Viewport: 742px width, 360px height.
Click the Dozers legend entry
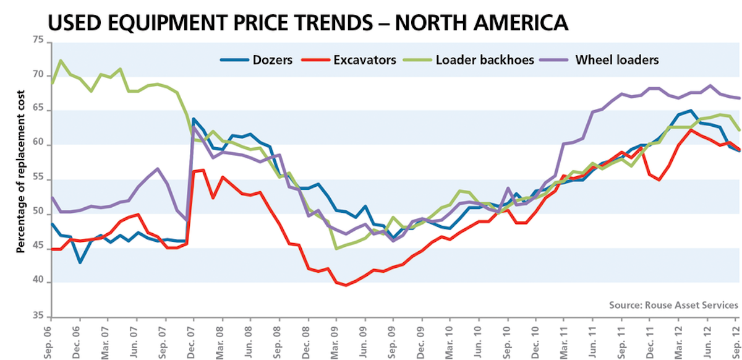pyautogui.click(x=257, y=60)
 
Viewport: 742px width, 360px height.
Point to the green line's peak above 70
pyautogui.click(x=61, y=61)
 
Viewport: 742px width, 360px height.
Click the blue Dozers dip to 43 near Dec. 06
pyautogui.click(x=80, y=262)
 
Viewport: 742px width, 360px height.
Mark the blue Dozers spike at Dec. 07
pyautogui.click(x=194, y=119)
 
